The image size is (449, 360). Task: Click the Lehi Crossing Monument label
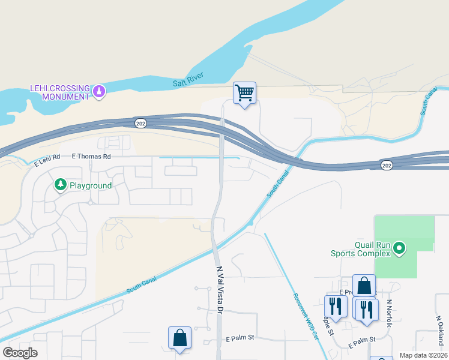click(59, 92)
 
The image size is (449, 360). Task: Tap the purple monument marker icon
click(99, 92)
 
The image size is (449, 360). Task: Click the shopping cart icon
click(244, 93)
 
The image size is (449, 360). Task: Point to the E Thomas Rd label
click(91, 157)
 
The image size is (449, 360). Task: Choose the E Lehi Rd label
click(47, 160)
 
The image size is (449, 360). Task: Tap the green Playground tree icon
click(60, 185)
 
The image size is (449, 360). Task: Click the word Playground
click(90, 185)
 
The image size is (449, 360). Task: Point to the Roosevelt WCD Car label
click(304, 316)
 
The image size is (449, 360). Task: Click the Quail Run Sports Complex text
click(360, 249)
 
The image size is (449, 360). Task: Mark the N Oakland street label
click(439, 324)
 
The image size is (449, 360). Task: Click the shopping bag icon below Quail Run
click(364, 286)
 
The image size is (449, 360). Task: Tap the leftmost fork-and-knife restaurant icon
click(336, 307)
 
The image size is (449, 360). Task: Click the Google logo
click(20, 353)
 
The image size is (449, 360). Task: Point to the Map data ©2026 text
click(423, 355)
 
